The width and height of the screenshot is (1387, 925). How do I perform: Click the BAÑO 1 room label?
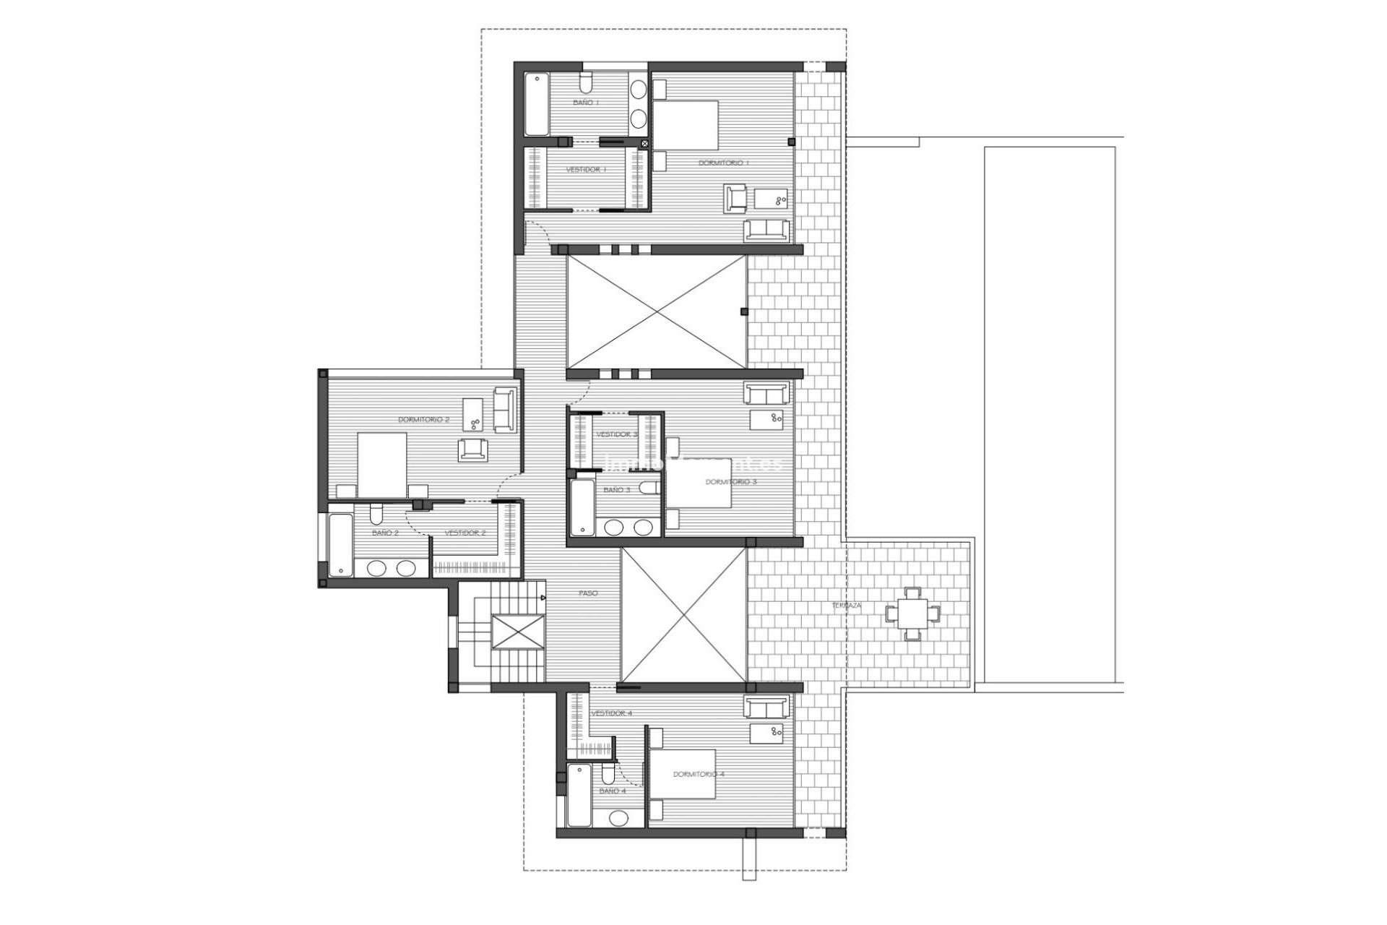pyautogui.click(x=586, y=103)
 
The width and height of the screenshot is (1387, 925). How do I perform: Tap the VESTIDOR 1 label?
pyautogui.click(x=586, y=169)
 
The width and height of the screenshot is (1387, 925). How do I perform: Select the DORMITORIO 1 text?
pyautogui.click(x=723, y=163)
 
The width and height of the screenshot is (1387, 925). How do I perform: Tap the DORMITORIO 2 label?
pyautogui.click(x=423, y=419)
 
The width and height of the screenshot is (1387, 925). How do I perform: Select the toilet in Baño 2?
pyautogui.click(x=376, y=515)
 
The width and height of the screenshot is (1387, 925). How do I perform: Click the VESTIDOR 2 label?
pyautogui.click(x=465, y=533)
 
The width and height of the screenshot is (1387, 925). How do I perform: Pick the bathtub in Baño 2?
pyautogui.click(x=339, y=545)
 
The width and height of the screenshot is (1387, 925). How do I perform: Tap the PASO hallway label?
pyautogui.click(x=588, y=593)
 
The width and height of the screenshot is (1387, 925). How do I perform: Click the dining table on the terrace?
pyautogui.click(x=913, y=614)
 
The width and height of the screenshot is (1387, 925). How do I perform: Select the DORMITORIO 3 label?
pyautogui.click(x=731, y=481)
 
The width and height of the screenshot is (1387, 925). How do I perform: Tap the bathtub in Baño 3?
pyautogui.click(x=582, y=509)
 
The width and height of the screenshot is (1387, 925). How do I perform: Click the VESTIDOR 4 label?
pyautogui.click(x=612, y=713)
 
